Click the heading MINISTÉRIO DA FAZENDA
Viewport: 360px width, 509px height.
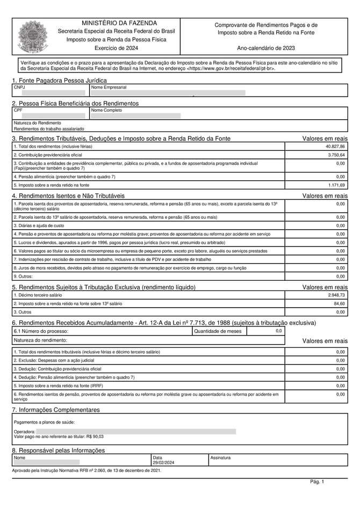pos(119,23)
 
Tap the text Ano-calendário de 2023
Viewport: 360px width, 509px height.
pos(266,48)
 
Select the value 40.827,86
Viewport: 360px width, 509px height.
pos(335,147)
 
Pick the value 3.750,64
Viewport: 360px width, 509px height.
pos(336,155)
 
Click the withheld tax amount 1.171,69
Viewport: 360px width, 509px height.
pos(336,185)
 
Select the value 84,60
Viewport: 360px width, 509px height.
pos(339,304)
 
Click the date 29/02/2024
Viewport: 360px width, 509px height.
pos(163,462)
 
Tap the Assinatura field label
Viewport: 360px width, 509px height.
pos(220,458)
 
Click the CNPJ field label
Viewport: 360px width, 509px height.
pos(19,87)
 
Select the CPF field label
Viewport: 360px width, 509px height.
pos(18,110)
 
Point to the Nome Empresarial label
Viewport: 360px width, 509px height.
pos(109,87)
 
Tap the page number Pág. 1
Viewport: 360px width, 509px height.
pos(317,482)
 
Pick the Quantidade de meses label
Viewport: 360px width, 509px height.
pos(218,331)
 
